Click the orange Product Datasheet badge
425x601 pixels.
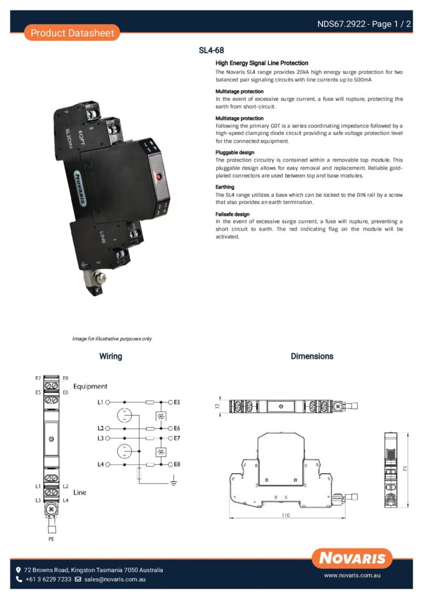click(x=72, y=33)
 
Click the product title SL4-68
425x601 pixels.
click(x=211, y=50)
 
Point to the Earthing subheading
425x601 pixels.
click(x=225, y=187)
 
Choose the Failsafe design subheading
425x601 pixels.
click(x=232, y=214)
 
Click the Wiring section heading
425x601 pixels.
click(x=110, y=356)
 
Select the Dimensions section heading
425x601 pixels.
click(x=312, y=356)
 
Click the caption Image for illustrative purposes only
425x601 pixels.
click(x=112, y=339)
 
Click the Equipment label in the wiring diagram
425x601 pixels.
click(x=90, y=386)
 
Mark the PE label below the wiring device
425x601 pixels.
click(x=51, y=538)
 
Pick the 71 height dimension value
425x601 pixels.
click(x=406, y=470)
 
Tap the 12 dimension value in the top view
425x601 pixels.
click(x=217, y=406)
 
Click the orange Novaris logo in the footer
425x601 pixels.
click(x=352, y=558)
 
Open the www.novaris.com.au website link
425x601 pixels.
click(x=352, y=576)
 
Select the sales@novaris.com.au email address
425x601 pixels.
click(x=115, y=579)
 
